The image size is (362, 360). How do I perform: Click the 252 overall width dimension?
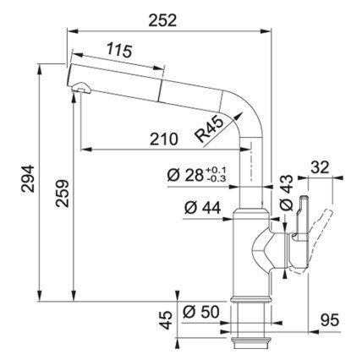[x=162, y=20]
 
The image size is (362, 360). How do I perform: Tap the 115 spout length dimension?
[x=119, y=51]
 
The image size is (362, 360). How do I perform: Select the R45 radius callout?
[x=209, y=129]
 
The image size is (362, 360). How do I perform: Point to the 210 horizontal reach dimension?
[x=164, y=139]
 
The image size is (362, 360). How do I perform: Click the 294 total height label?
[x=28, y=179]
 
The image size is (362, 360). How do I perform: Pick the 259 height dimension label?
[x=62, y=194]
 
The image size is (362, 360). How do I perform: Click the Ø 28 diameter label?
[x=185, y=175]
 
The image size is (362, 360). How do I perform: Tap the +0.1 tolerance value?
[x=216, y=171]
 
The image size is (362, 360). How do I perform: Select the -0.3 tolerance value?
[x=216, y=178]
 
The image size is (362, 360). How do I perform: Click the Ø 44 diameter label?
[x=203, y=208]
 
